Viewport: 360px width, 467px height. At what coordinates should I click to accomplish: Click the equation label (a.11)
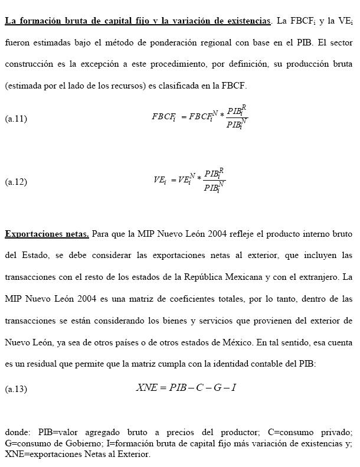click(16, 119)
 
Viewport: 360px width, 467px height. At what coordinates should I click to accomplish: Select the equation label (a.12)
click(16, 182)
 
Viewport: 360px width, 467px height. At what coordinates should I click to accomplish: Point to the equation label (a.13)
click(16, 389)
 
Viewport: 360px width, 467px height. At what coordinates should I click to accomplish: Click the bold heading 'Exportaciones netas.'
click(47, 234)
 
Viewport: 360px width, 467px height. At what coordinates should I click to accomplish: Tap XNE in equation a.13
click(147, 388)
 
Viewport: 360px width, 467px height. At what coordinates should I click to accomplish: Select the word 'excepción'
click(101, 64)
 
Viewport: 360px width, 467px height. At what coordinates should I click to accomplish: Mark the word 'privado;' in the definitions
click(336, 432)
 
